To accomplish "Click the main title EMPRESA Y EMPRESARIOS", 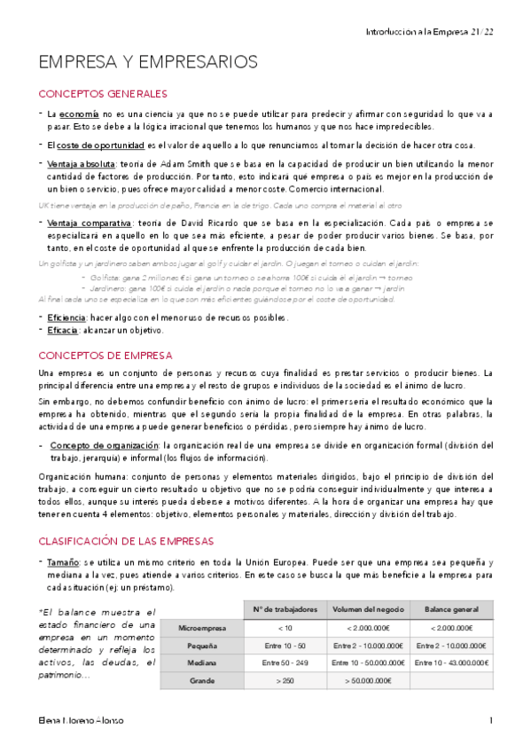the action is tap(148, 62).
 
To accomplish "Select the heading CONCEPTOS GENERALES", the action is tap(103, 94).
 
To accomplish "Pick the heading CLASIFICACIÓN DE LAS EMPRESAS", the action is tap(126, 541).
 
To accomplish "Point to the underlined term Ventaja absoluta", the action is tap(82, 164).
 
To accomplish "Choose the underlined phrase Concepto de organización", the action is tap(105, 445).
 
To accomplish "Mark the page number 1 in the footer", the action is tap(490, 721).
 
